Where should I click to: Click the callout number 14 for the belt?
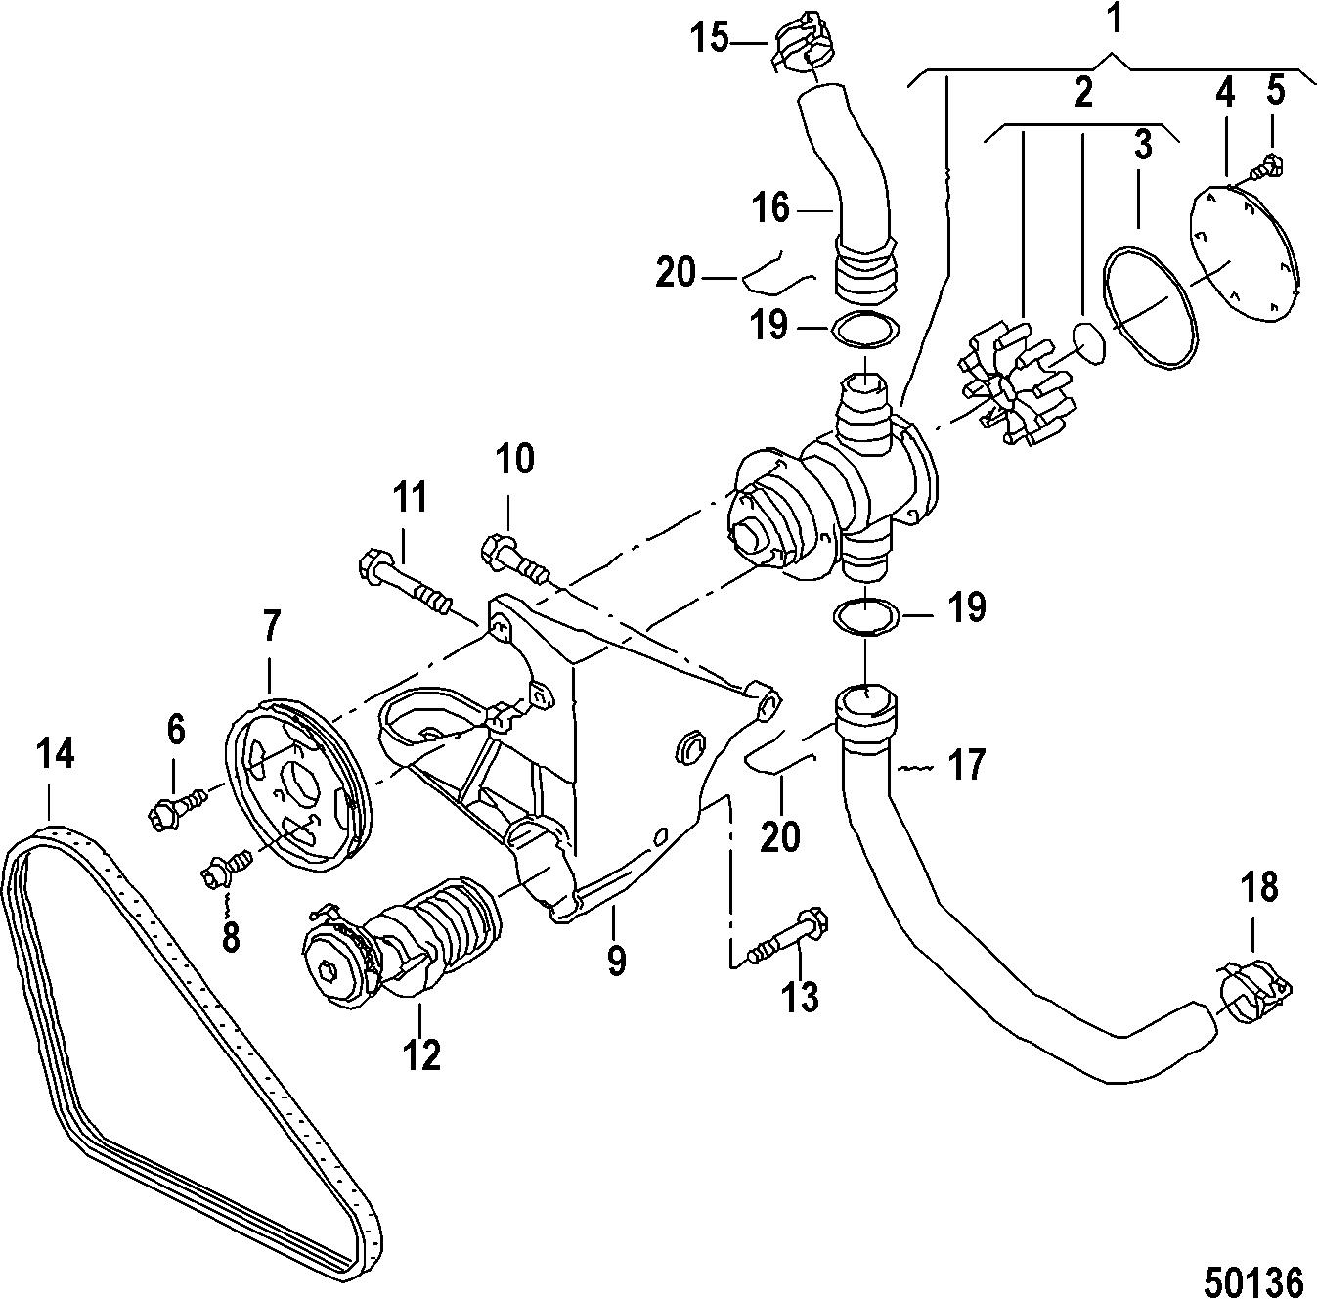(55, 754)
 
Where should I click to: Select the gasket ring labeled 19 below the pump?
(866, 617)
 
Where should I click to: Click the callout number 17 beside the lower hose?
(966, 765)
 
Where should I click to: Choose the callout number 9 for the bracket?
(615, 959)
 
